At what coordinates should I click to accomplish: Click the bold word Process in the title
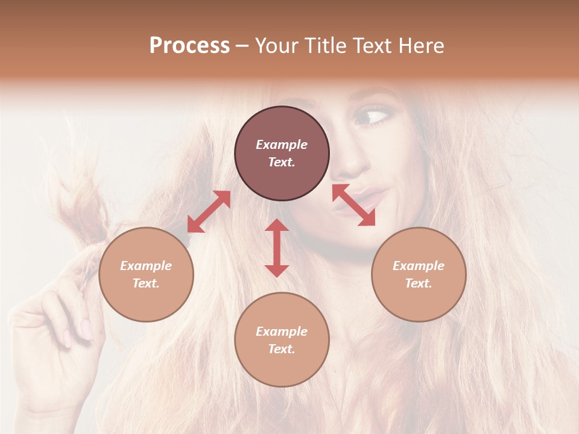click(x=189, y=46)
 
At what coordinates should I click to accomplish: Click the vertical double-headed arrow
click(x=277, y=248)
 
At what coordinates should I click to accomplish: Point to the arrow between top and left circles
click(x=209, y=212)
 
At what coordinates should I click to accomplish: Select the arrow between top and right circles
click(x=353, y=205)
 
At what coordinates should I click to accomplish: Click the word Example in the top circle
click(x=282, y=145)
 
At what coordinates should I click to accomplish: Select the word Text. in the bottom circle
click(x=282, y=349)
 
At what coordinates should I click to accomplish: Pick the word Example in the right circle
click(x=419, y=266)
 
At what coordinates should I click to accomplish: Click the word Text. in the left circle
click(x=146, y=283)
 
